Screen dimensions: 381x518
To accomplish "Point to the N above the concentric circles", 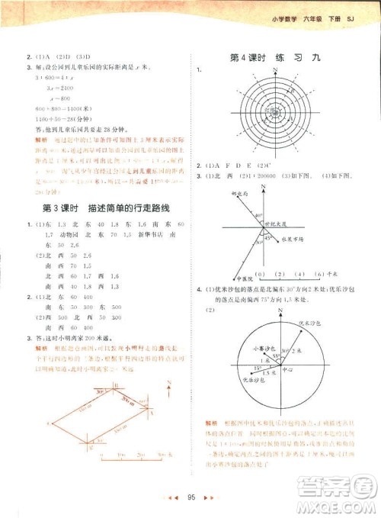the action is (273, 69).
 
